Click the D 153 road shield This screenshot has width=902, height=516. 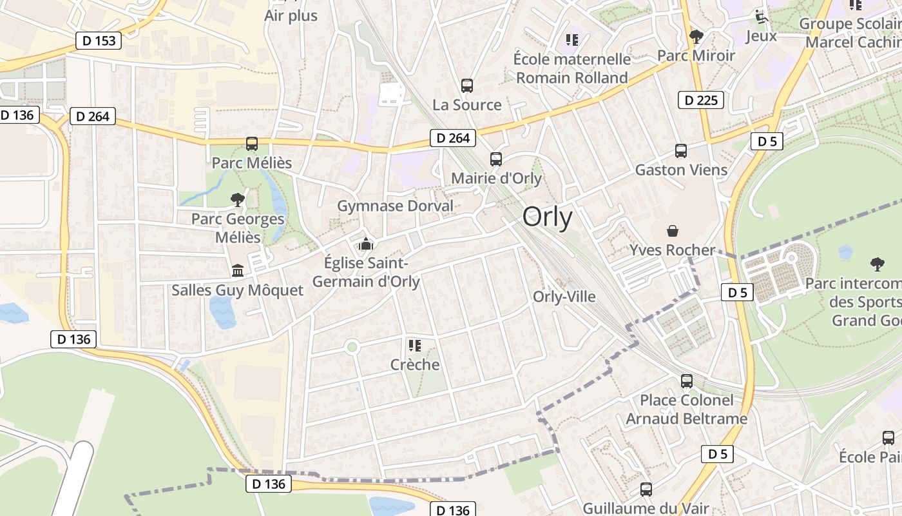click(x=99, y=41)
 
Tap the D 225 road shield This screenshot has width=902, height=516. click(x=701, y=100)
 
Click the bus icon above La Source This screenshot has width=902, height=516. click(x=467, y=85)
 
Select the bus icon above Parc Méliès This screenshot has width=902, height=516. click(x=252, y=143)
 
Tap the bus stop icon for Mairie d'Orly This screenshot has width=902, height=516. click(x=495, y=159)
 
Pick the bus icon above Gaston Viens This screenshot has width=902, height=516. click(x=681, y=150)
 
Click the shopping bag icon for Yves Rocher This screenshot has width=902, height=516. click(x=673, y=231)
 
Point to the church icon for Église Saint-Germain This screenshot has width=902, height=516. click(x=366, y=244)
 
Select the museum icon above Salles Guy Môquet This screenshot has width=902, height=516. click(x=238, y=270)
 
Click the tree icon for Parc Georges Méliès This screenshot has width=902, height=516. click(x=238, y=199)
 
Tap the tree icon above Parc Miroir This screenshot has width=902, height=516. click(x=696, y=36)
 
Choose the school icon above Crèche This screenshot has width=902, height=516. click(x=414, y=345)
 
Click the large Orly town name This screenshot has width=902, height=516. click(x=547, y=217)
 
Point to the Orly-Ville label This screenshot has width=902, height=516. click(x=564, y=297)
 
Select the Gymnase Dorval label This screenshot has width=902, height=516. click(x=396, y=206)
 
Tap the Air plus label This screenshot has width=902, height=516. click(x=291, y=15)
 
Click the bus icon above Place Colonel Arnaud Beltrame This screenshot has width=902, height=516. click(x=687, y=381)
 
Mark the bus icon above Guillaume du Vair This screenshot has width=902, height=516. click(x=646, y=489)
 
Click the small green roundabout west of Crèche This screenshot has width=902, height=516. click(x=352, y=347)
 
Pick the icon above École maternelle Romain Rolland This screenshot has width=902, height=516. click(x=571, y=40)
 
